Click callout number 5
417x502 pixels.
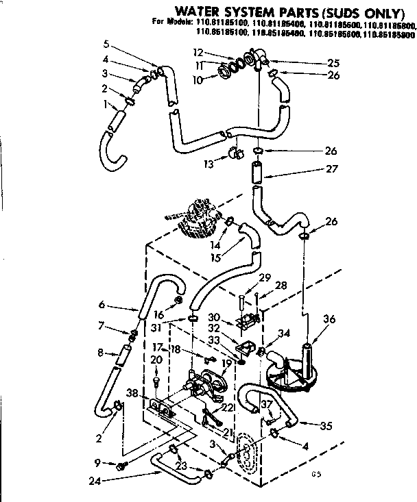click(x=106, y=44)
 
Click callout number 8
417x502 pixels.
click(x=102, y=353)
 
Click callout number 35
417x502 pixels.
click(x=326, y=426)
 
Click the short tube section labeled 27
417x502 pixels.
click(x=257, y=173)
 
